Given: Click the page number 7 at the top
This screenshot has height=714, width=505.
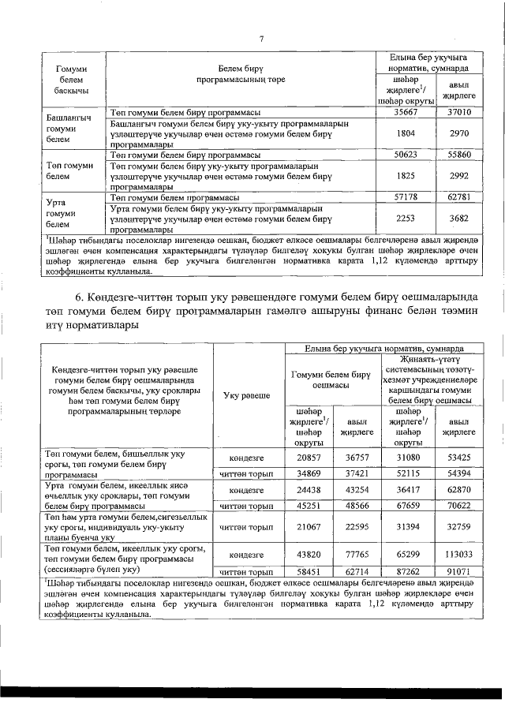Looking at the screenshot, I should click(260, 39).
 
